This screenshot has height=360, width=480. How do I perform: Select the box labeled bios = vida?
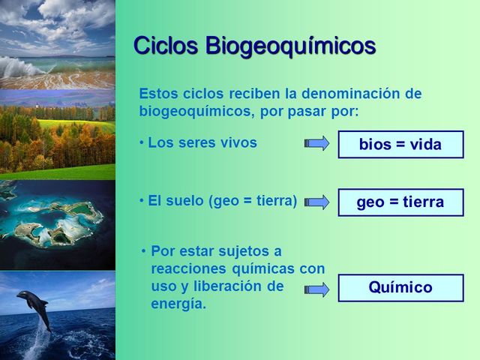click(400, 145)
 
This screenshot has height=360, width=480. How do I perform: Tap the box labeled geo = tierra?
click(400, 202)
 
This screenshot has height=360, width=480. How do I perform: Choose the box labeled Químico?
click(400, 288)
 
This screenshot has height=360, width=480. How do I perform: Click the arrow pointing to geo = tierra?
click(317, 202)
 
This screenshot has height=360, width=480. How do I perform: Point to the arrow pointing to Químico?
click(317, 289)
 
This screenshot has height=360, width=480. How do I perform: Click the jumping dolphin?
click(34, 307)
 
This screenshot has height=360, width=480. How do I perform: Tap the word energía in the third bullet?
click(178, 304)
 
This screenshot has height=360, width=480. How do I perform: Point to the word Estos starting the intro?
click(157, 94)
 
